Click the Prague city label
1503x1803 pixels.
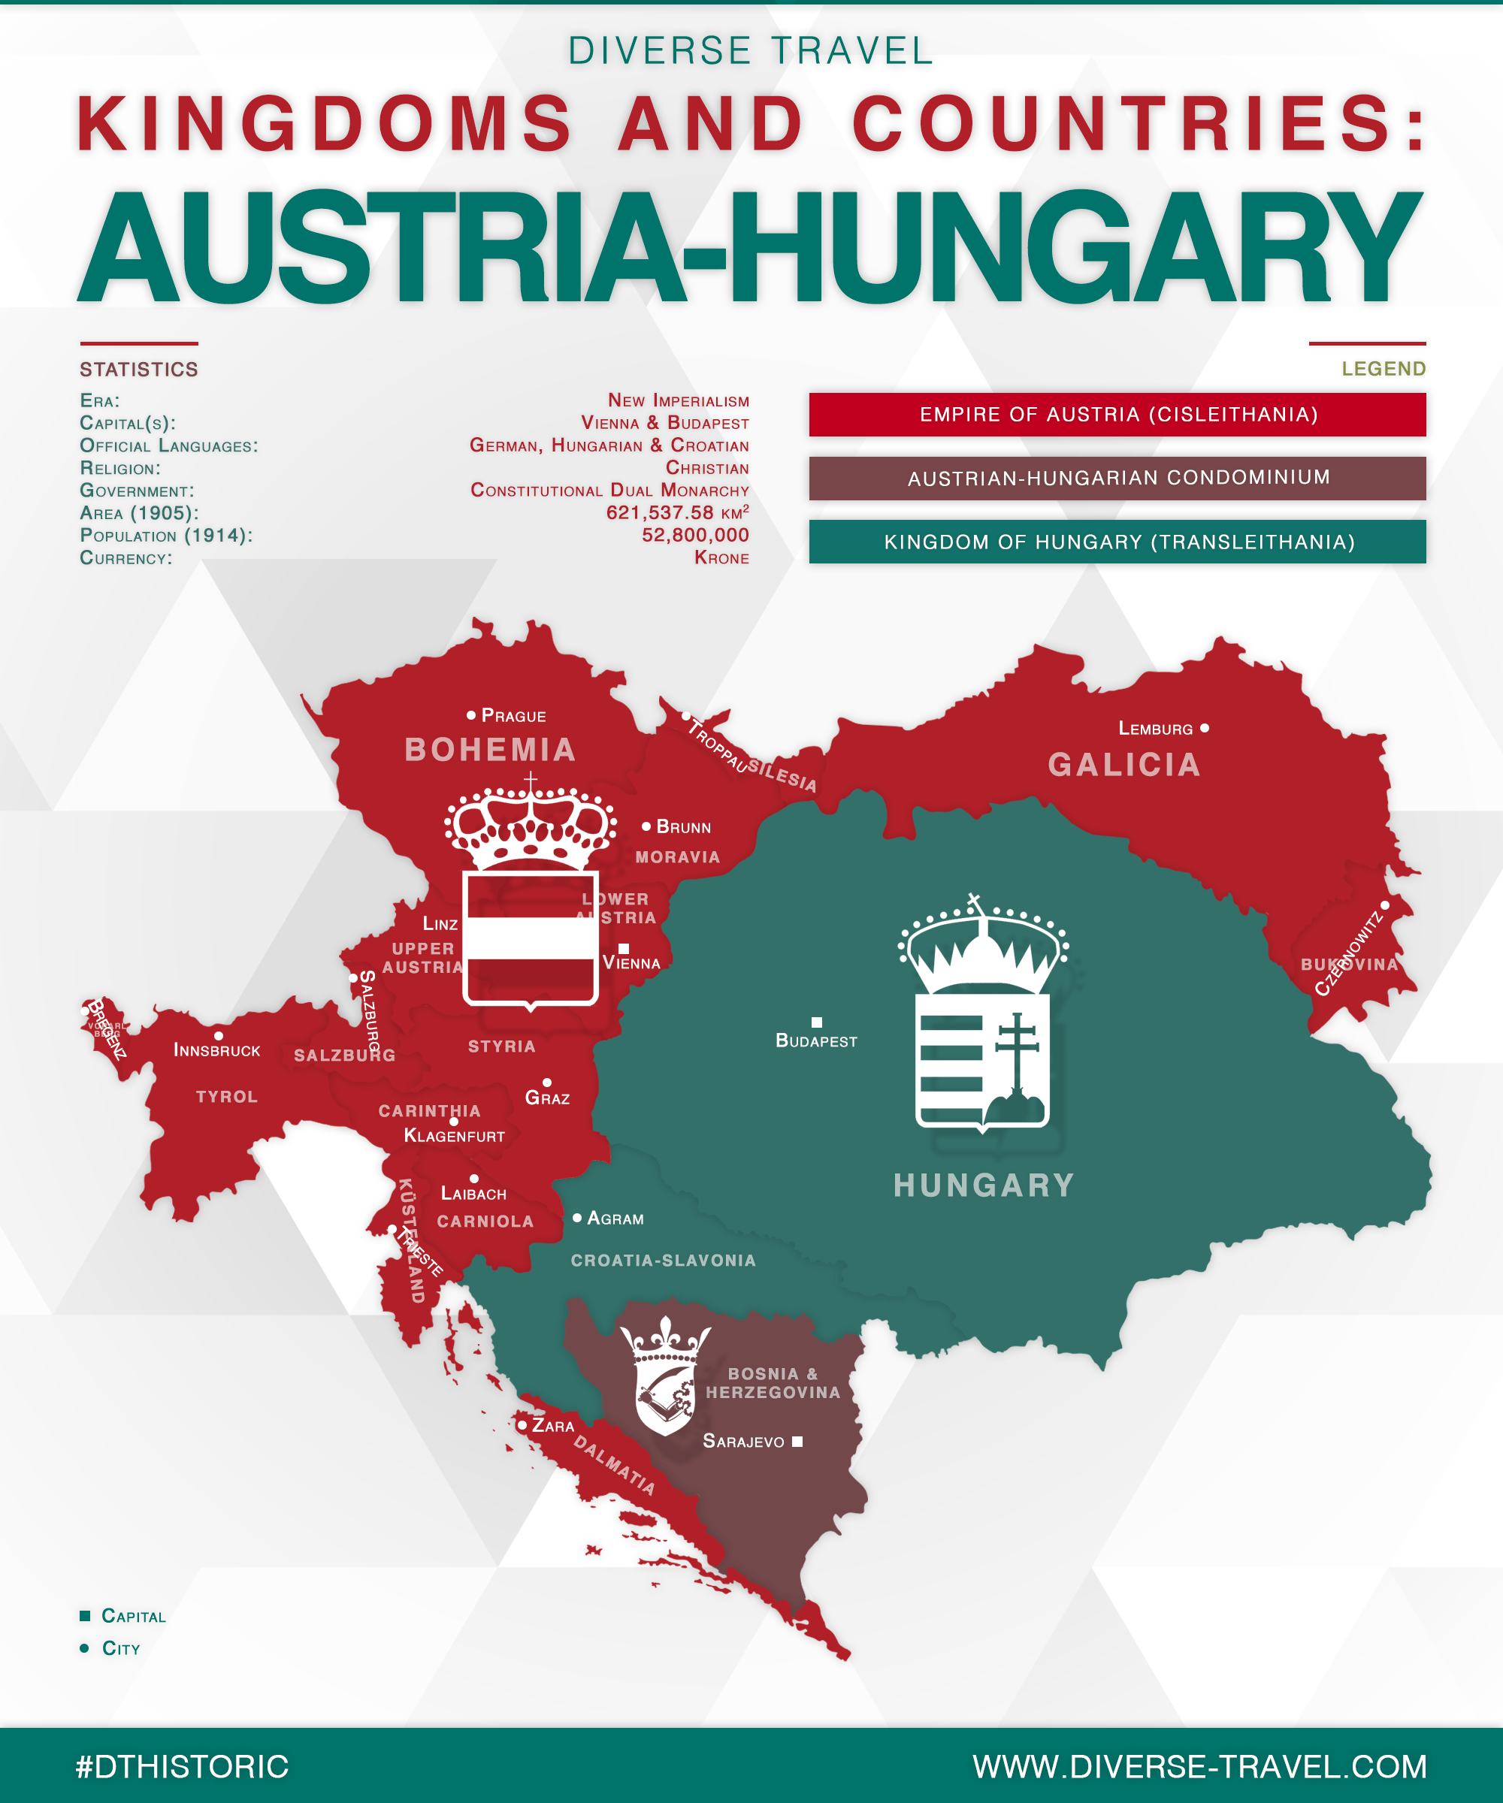(x=513, y=716)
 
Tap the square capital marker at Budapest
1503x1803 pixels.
(x=817, y=1022)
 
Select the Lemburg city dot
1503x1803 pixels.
(x=1204, y=728)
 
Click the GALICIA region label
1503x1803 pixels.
(x=1123, y=765)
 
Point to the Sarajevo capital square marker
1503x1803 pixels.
(x=797, y=1442)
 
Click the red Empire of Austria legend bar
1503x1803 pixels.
(x=1117, y=415)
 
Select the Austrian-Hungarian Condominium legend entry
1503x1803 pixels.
(x=1117, y=479)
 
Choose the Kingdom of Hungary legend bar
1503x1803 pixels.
(x=1117, y=542)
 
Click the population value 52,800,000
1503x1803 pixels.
(x=695, y=535)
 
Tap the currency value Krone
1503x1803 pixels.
(x=721, y=558)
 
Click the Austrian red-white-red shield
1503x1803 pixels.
(x=530, y=938)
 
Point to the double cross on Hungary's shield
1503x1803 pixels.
(x=1017, y=1052)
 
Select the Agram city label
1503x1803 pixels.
(x=615, y=1219)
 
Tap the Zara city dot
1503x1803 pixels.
(x=522, y=1425)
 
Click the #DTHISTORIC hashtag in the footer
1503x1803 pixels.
(x=182, y=1767)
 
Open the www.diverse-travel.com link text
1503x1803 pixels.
(x=1199, y=1767)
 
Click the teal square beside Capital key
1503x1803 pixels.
(x=85, y=1616)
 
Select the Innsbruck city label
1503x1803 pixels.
(x=216, y=1051)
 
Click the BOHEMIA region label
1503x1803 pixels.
(x=491, y=750)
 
